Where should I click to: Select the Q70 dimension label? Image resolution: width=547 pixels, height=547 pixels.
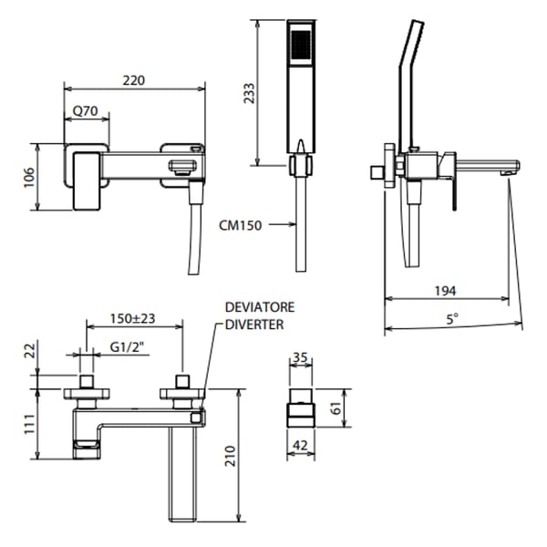[x=85, y=111]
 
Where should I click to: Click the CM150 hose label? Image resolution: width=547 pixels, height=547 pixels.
[x=241, y=224]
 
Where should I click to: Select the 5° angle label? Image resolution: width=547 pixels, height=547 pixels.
[x=452, y=319]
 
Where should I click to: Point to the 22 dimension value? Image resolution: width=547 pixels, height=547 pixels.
[x=28, y=350]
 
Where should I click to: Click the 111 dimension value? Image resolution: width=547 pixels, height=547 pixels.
[x=28, y=422]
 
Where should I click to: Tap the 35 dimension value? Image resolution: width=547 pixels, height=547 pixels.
[x=300, y=359]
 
